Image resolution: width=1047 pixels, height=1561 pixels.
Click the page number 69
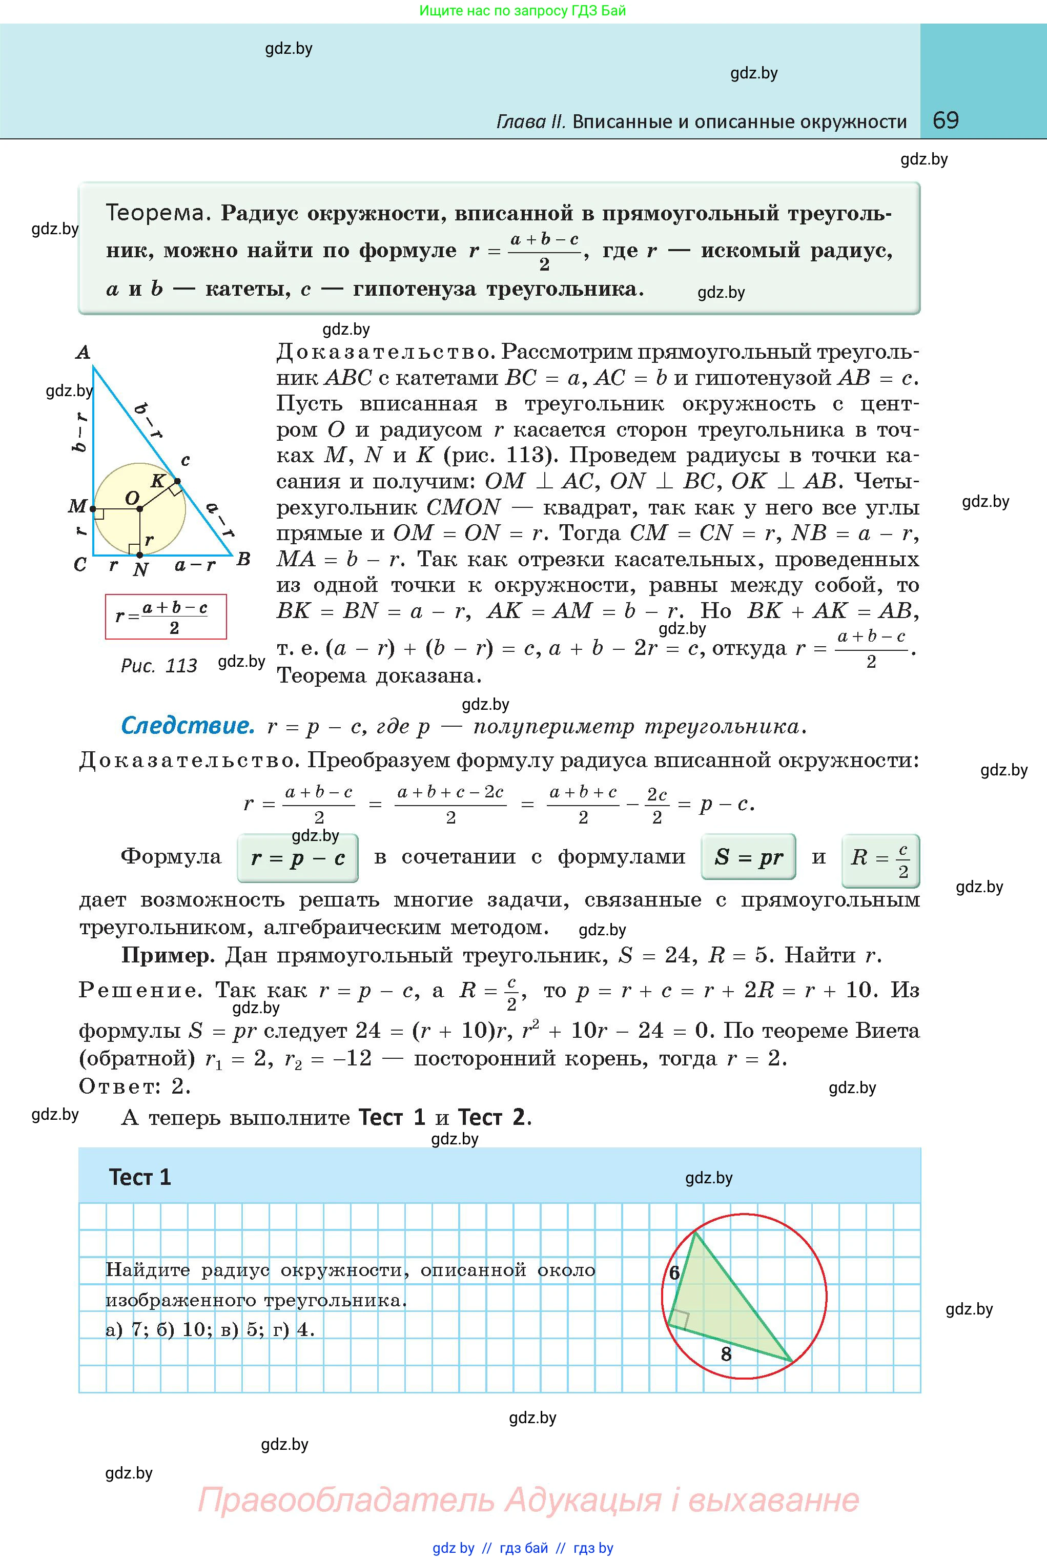[946, 120]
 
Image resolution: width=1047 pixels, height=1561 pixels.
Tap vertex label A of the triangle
[83, 352]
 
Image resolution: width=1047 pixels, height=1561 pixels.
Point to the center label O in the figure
[132, 498]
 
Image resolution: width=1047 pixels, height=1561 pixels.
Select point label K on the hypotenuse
[157, 481]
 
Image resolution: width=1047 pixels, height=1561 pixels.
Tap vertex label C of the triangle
[80, 565]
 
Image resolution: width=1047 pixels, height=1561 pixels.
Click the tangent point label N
[140, 569]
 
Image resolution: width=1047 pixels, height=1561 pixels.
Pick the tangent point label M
[77, 507]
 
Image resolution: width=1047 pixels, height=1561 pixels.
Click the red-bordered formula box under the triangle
[166, 617]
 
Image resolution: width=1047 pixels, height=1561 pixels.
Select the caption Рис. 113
[159, 666]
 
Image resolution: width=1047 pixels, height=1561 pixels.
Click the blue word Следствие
[188, 726]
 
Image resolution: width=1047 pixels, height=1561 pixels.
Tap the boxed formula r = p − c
[298, 858]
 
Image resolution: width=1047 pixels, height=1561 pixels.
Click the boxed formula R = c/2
[880, 860]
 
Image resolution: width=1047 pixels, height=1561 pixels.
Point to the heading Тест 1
[140, 1177]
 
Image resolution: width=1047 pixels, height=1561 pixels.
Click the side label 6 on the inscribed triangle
[674, 1273]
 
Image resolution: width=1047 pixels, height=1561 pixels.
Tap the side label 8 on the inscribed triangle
[727, 1354]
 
